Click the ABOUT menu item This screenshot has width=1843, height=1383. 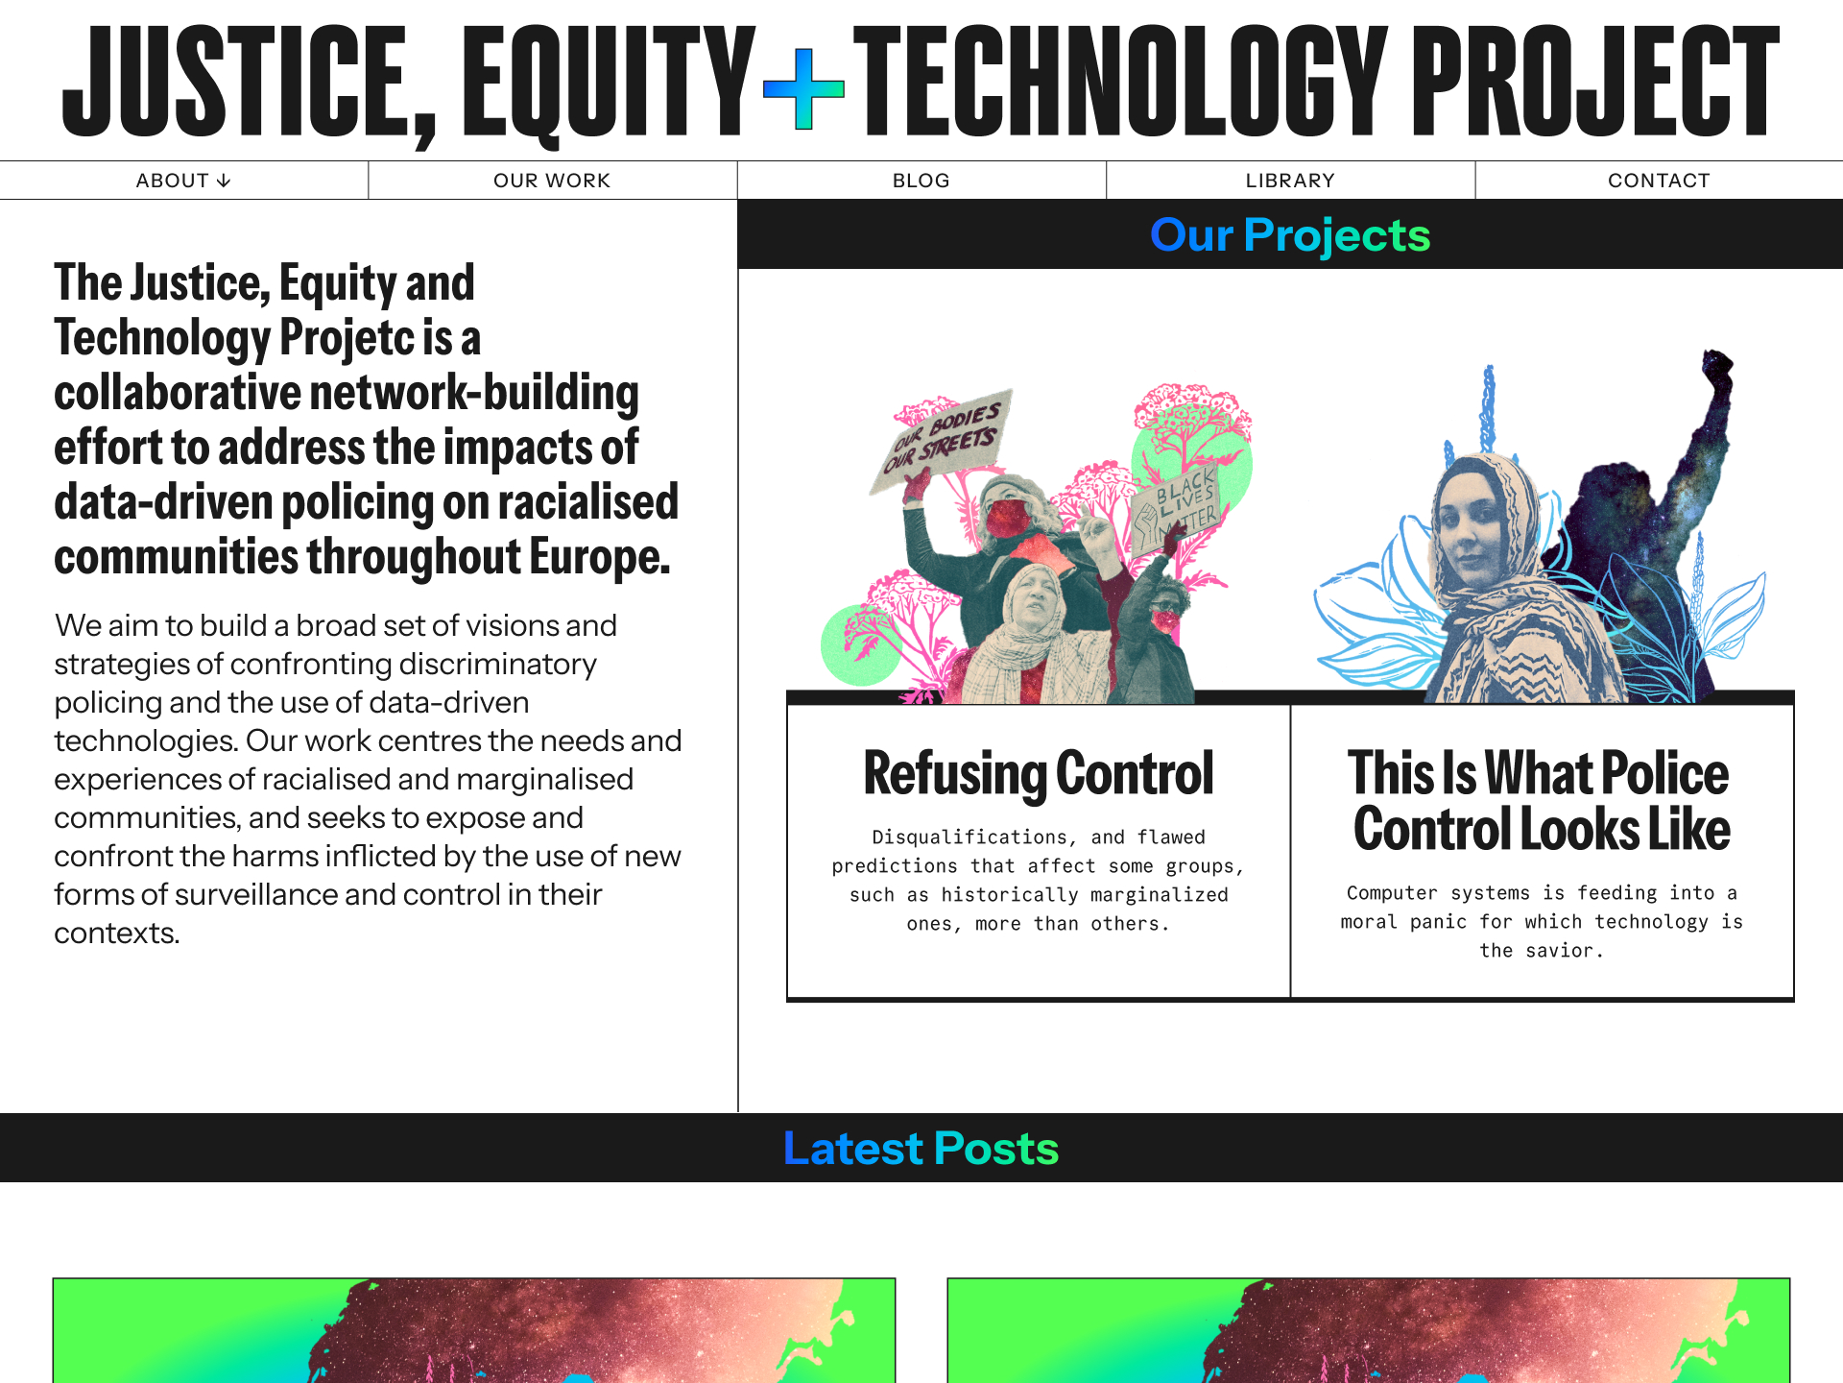[x=183, y=181]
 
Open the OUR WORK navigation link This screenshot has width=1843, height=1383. [x=552, y=181]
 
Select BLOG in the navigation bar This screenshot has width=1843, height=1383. [x=921, y=181]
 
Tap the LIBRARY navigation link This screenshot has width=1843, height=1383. [x=1290, y=181]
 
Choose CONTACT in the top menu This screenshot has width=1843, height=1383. [x=1659, y=181]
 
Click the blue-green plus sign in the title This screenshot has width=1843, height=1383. [x=803, y=89]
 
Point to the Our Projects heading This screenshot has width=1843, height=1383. [x=1290, y=235]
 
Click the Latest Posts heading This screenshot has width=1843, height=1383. [x=921, y=1149]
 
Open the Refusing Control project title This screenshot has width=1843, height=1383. [x=1039, y=774]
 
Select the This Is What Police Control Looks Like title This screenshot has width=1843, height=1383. [x=1542, y=801]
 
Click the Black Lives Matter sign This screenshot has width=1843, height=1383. [x=1177, y=510]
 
